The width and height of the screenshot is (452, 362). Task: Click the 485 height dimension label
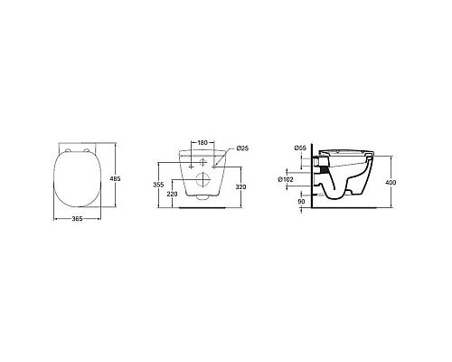click(x=115, y=179)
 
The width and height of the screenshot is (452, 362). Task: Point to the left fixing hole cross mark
click(x=187, y=161)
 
